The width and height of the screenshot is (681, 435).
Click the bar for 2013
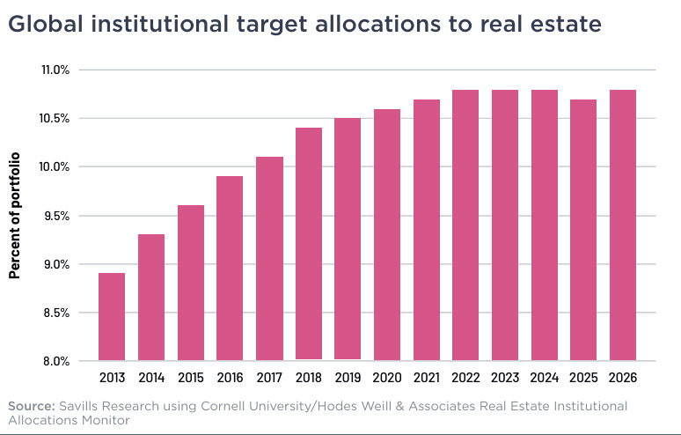[112, 317]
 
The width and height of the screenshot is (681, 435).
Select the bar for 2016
[230, 268]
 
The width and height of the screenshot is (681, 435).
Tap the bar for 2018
[309, 243]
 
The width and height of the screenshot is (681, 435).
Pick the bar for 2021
[427, 230]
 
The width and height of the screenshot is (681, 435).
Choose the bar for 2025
[583, 230]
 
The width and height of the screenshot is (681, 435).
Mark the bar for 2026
[623, 225]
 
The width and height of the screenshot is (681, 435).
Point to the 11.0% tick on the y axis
[55, 70]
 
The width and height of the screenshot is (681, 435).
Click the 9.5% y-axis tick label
[56, 216]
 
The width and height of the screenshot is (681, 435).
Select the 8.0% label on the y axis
[56, 361]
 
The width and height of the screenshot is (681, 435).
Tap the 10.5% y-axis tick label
[55, 119]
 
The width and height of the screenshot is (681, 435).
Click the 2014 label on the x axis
[151, 378]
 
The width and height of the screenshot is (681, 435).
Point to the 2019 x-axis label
[348, 378]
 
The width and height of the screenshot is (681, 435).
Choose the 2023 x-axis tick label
[505, 378]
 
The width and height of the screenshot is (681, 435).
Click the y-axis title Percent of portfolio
[15, 216]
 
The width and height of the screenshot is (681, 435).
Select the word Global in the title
[46, 24]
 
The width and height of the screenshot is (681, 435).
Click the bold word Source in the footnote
[32, 406]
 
